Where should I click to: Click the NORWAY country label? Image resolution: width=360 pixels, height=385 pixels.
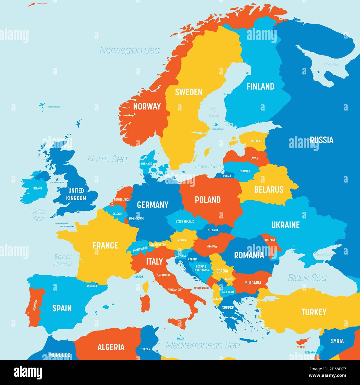pos(147,106)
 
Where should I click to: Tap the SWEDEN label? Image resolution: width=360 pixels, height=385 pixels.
pos(189,92)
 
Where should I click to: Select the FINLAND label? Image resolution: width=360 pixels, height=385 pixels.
pos(260,86)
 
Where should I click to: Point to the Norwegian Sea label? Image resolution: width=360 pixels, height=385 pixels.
pos(130,50)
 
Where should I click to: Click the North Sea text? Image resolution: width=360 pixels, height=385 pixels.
pos(107,159)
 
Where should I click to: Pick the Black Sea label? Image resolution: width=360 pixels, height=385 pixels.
pos(307,278)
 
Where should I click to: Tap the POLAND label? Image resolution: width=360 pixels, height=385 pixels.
pos(208,200)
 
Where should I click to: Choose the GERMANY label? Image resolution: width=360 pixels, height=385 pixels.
pos(153,205)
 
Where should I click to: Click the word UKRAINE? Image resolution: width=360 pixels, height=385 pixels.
pos(285,225)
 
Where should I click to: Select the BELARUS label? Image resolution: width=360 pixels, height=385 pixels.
pos(269,190)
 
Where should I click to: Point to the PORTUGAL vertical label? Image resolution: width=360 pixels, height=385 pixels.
pos(35,305)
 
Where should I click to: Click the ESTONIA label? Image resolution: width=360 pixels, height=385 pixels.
pos(255,141)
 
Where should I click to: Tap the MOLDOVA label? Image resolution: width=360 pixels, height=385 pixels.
pos(270,240)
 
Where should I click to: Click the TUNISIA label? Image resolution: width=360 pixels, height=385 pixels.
pos(145,349)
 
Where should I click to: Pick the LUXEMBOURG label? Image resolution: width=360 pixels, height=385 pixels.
pos(136,219)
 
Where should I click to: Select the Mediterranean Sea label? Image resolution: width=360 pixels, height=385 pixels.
pos(203,345)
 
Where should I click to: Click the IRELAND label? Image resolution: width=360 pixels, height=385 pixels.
pos(37,188)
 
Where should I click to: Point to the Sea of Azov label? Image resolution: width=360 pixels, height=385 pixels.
pos(324,255)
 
